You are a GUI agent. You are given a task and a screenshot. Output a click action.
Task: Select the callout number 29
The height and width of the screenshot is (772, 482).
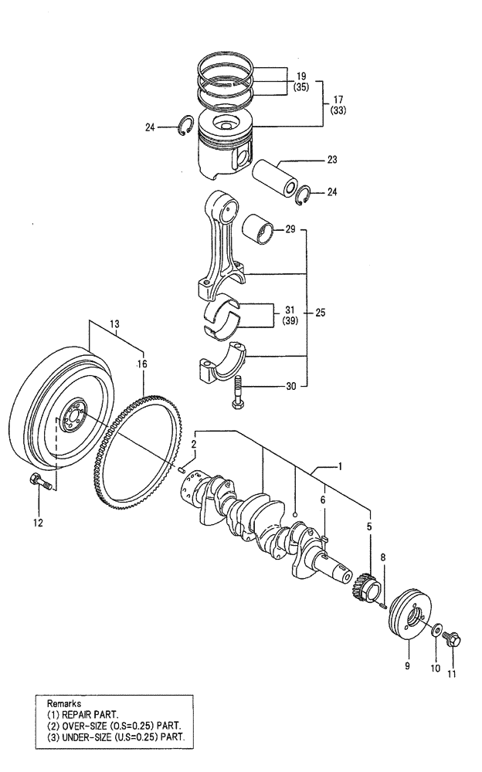[290, 230]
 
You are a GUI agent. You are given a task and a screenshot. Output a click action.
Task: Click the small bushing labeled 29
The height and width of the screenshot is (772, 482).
[260, 229]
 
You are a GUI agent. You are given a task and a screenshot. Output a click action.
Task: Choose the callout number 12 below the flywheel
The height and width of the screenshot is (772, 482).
[38, 523]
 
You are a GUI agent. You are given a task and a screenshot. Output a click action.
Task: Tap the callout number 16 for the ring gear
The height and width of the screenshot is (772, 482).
[141, 363]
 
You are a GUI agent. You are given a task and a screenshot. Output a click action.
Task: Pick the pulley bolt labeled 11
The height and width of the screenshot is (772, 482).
[453, 640]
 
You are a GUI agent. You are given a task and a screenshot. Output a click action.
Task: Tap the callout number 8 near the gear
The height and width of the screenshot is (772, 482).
[382, 556]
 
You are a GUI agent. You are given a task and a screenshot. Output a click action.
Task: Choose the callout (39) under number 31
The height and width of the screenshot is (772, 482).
[290, 320]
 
